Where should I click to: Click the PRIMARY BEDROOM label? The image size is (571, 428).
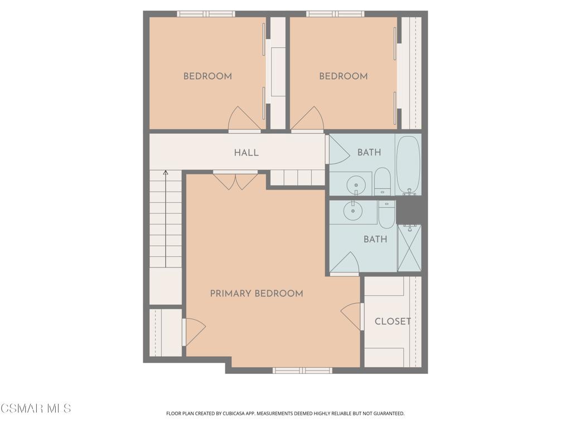(x=257, y=293)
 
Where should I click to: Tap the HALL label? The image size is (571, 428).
(x=246, y=153)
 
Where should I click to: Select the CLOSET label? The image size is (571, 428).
(x=393, y=322)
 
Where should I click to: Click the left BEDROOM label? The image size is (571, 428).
(x=207, y=76)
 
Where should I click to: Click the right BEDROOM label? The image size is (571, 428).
(x=343, y=76)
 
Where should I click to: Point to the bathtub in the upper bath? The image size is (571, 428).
(x=408, y=166)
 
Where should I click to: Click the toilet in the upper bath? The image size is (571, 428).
(x=383, y=181)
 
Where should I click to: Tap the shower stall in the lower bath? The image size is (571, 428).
(x=409, y=248)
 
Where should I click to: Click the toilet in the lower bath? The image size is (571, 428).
(x=386, y=215)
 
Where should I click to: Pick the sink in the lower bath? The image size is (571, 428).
(x=353, y=211)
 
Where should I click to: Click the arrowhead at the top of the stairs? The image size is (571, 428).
(x=166, y=173)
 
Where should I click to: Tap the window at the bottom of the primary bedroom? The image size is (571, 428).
(x=302, y=371)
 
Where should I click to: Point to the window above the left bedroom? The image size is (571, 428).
(x=206, y=14)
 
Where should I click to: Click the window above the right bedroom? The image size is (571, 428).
(x=335, y=14)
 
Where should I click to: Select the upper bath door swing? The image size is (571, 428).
(x=337, y=149)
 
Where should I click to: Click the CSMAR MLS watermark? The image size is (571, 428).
(x=36, y=408)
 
